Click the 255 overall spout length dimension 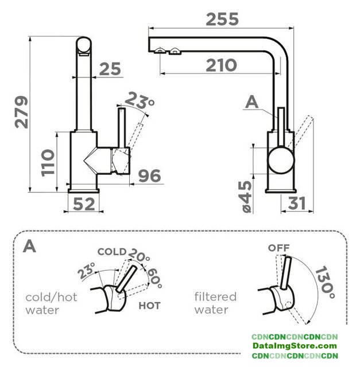pyautogui.click(x=222, y=19)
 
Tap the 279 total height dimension pyautogui.click(x=22, y=112)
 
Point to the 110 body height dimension pyautogui.click(x=48, y=162)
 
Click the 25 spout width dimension pyautogui.click(x=110, y=69)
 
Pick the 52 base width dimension pyautogui.click(x=84, y=204)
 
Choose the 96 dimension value pyautogui.click(x=149, y=176)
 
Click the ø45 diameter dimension pyautogui.click(x=247, y=197)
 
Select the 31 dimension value pyautogui.click(x=297, y=203)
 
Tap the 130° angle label pyautogui.click(x=325, y=283)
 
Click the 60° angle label pyautogui.click(x=154, y=279)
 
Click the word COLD pyautogui.click(x=112, y=252)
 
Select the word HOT pyautogui.click(x=149, y=306)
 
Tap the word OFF pyautogui.click(x=279, y=248)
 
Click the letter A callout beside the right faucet pyautogui.click(x=251, y=103)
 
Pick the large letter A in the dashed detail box pyautogui.click(x=29, y=246)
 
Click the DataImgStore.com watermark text pyautogui.click(x=295, y=346)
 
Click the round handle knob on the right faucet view pyautogui.click(x=281, y=160)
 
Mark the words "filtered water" pyautogui.click(x=215, y=303)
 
